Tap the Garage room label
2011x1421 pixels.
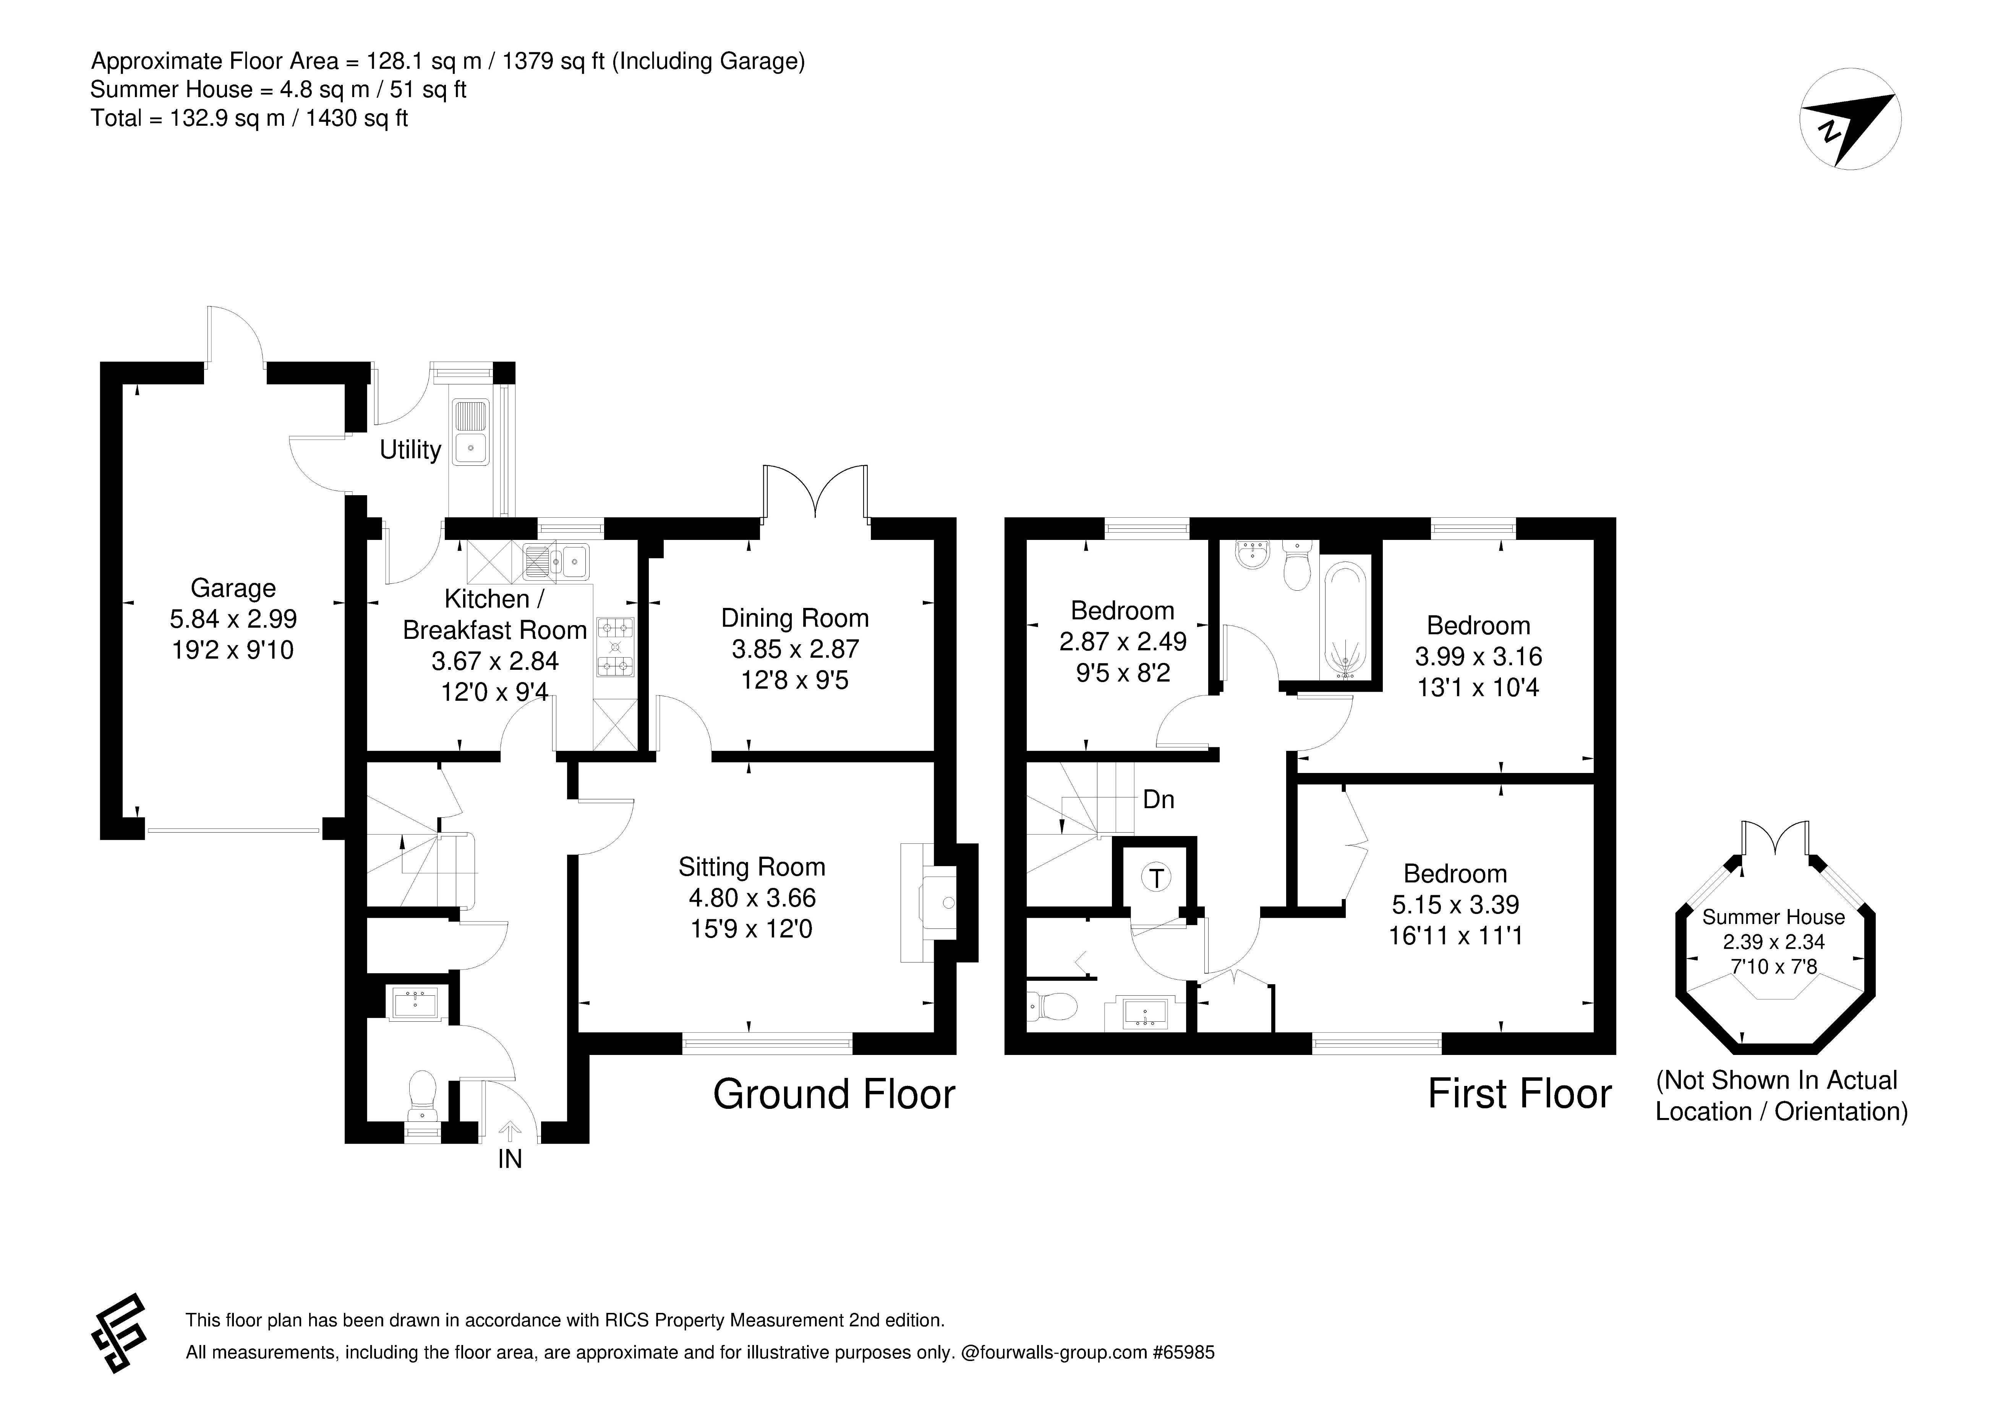[x=233, y=588]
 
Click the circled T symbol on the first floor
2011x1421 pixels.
[x=1157, y=878]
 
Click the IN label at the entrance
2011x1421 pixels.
[x=510, y=1159]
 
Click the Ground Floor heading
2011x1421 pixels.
[x=834, y=1094]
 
